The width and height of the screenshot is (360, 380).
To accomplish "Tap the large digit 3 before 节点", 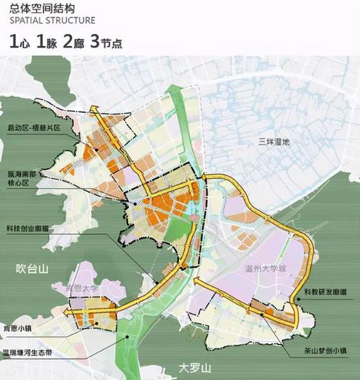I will [x=94, y=41].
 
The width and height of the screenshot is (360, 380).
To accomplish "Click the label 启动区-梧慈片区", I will [x=32, y=127].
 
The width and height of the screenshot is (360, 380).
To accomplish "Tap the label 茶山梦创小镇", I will [x=325, y=352].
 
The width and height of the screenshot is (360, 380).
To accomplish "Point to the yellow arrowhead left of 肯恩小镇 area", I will [x=66, y=313].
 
